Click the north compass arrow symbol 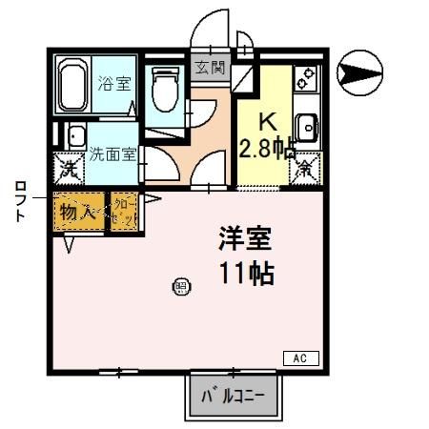tap(361, 68)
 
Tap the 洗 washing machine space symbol tap(69, 170)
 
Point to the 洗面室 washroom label tap(112, 153)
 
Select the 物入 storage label tap(78, 211)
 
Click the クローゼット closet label tap(125, 211)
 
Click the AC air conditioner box tap(299, 358)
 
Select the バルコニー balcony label tap(235, 395)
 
